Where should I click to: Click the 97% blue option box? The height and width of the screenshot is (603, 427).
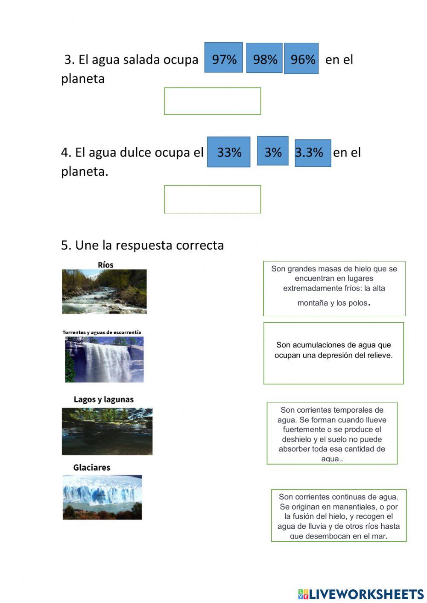tap(224, 58)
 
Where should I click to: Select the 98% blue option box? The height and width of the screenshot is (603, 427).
tap(264, 58)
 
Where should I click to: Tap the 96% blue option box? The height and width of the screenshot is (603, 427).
tap(301, 58)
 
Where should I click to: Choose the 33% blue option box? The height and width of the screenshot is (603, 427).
tap(229, 152)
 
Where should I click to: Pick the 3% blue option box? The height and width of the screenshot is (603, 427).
tap(272, 151)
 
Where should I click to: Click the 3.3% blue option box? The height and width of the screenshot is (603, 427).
tap(313, 153)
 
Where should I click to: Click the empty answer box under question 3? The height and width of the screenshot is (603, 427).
tap(212, 101)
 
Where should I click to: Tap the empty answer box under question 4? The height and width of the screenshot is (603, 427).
tap(212, 199)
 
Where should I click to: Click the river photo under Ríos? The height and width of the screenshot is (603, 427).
tap(104, 291)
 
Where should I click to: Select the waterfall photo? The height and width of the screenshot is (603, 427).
tap(104, 359)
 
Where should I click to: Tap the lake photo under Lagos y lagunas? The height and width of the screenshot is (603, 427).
tap(107, 431)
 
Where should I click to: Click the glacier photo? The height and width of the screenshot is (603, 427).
tap(102, 497)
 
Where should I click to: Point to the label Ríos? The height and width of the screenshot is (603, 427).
tap(105, 265)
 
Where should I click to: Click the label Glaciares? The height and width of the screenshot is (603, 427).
tap(92, 468)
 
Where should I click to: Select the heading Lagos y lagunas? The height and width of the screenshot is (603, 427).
tap(104, 400)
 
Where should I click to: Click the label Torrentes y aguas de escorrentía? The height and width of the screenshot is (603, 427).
tap(102, 332)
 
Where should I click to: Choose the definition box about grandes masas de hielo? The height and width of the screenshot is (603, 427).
tap(334, 288)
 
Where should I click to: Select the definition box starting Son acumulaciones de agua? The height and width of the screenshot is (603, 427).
tap(333, 353)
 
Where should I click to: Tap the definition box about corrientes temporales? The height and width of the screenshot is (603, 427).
tap(332, 433)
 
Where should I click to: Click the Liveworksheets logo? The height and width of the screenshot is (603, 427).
tap(360, 594)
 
